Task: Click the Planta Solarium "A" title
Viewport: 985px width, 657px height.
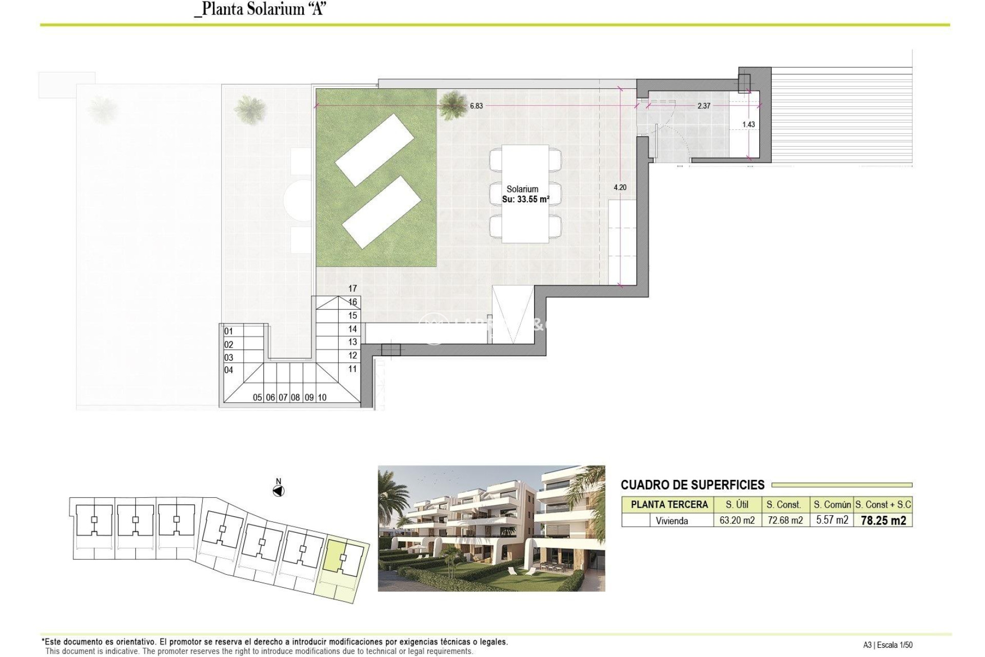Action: click(x=260, y=9)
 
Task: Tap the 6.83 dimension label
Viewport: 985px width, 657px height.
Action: click(x=476, y=106)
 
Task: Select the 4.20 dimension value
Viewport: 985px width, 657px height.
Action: click(x=620, y=188)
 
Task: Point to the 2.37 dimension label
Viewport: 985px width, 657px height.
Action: click(x=704, y=106)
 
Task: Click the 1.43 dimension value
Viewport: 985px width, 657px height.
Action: click(x=748, y=125)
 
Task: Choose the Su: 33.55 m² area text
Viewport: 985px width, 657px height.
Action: click(x=525, y=200)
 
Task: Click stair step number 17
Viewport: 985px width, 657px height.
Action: click(x=352, y=289)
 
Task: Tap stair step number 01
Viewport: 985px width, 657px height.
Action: click(x=229, y=332)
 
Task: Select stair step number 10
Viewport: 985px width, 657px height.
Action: click(x=322, y=397)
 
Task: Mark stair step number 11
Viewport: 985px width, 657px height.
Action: click(x=352, y=369)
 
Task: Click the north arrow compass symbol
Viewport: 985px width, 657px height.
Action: click(x=279, y=491)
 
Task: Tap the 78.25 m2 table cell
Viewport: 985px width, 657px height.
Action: click(x=883, y=520)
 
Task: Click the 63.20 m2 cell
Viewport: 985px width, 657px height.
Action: click(x=737, y=520)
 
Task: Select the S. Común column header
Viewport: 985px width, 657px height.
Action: click(x=832, y=505)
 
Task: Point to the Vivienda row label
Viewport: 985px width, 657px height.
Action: click(x=672, y=521)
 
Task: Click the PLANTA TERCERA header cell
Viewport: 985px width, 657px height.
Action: click(x=669, y=505)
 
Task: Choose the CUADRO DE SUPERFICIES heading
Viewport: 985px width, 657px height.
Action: click(x=693, y=485)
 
